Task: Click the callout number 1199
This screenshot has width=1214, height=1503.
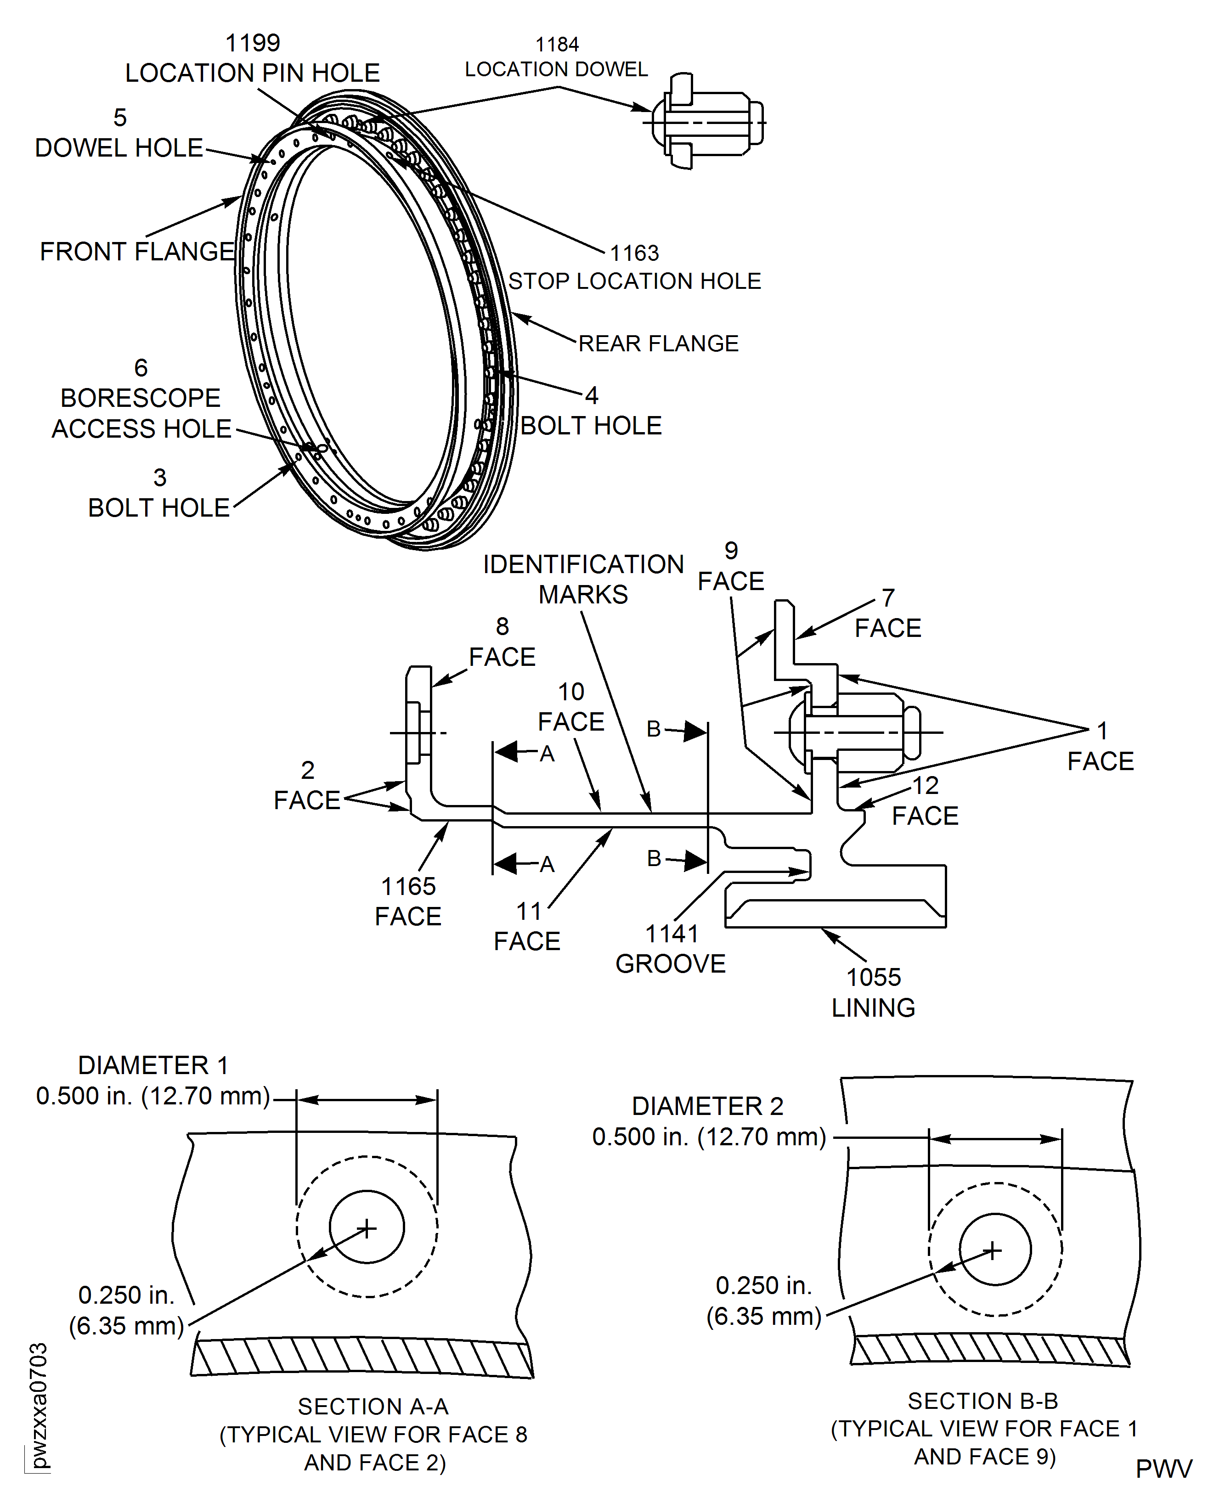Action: [253, 43]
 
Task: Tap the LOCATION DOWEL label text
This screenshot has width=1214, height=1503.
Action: [557, 69]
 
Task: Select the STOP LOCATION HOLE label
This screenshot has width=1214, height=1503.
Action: [634, 281]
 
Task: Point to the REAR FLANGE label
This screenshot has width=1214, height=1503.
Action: [658, 343]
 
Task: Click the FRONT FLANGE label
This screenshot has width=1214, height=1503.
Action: [137, 252]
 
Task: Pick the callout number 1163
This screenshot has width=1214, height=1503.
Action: [634, 253]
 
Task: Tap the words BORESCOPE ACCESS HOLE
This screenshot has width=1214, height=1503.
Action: [141, 413]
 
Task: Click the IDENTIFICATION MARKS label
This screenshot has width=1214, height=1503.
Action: [583, 579]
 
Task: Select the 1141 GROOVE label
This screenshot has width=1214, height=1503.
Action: [671, 949]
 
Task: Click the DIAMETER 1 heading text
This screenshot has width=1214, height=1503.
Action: [153, 1065]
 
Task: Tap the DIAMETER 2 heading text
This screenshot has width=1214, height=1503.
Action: [708, 1106]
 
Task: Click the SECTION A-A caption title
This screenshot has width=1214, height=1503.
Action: [373, 1406]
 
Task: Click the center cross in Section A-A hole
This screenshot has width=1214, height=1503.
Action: [367, 1228]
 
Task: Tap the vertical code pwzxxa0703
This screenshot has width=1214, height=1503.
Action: [39, 1405]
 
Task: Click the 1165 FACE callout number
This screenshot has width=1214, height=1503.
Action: [408, 886]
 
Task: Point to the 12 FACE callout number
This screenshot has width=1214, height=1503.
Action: [925, 786]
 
